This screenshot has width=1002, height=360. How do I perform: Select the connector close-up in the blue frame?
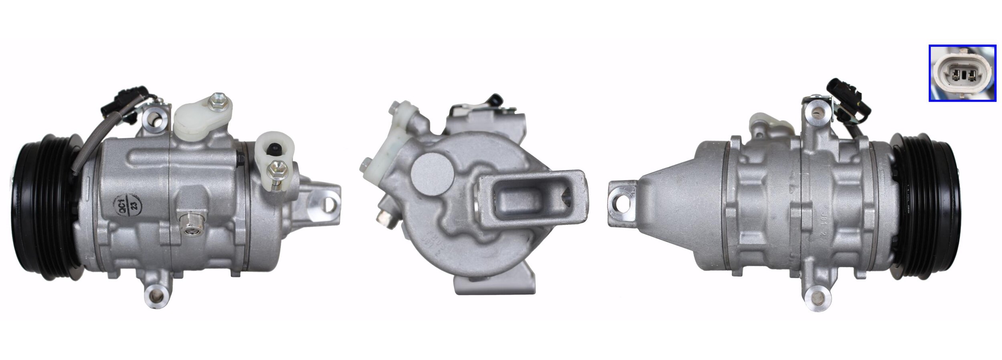[962, 73]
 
